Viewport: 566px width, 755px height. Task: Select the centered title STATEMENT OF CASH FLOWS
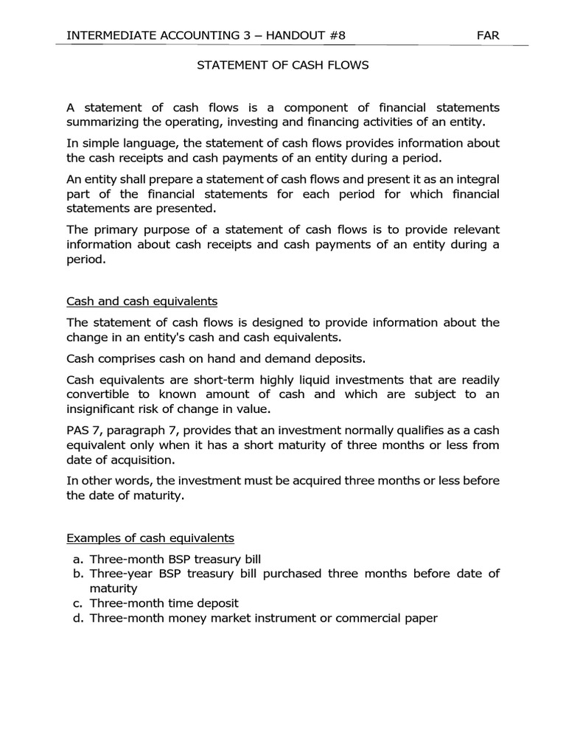[282, 65]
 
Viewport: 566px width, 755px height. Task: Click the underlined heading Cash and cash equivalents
[141, 302]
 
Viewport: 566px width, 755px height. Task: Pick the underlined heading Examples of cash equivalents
[150, 537]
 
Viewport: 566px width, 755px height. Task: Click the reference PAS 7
[83, 430]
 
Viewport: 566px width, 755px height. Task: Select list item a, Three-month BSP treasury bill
[175, 559]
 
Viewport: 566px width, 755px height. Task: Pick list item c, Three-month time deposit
[164, 603]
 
